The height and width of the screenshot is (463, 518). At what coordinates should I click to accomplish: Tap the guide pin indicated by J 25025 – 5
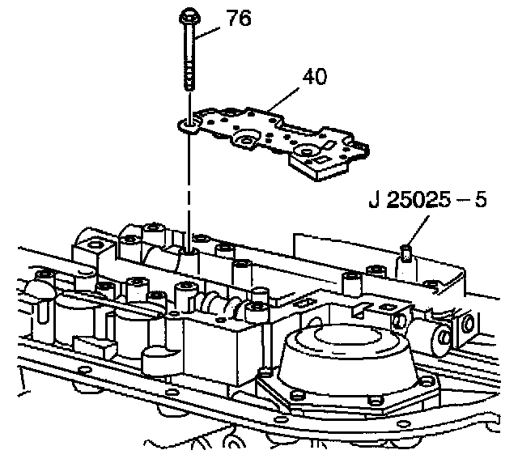405,257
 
